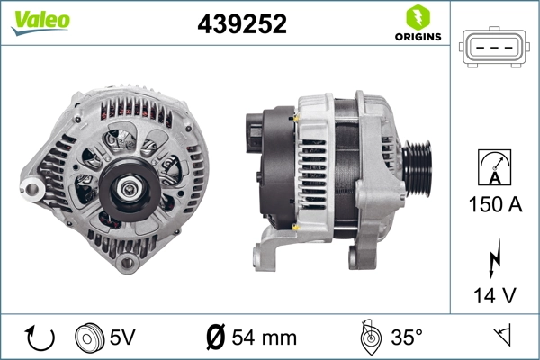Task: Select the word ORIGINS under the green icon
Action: coord(417,39)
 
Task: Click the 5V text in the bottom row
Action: coord(121,337)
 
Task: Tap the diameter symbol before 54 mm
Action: coord(216,337)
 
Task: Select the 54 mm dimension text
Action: coord(264,337)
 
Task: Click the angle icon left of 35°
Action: coord(368,337)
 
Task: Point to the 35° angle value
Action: coord(407,337)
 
